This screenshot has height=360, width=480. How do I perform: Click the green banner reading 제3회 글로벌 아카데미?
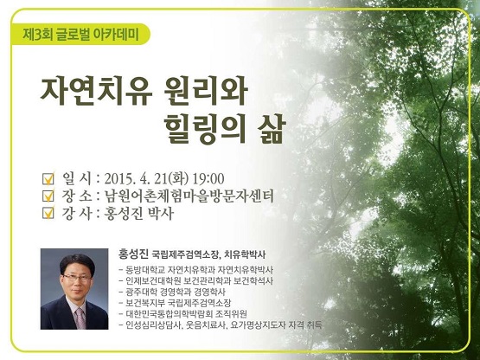pyautogui.click(x=80, y=34)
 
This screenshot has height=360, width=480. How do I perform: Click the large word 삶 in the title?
pyautogui.click(x=272, y=130)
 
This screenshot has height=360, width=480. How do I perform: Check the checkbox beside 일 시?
pyautogui.click(x=48, y=178)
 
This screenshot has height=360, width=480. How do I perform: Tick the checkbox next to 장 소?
pyautogui.click(x=48, y=196)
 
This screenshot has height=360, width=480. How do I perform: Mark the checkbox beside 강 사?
pyautogui.click(x=48, y=213)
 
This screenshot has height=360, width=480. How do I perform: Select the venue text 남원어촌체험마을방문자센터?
pyautogui.click(x=189, y=196)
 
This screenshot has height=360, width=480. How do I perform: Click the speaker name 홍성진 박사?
pyautogui.click(x=139, y=213)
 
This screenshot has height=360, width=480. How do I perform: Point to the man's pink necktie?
pyautogui.click(x=80, y=318)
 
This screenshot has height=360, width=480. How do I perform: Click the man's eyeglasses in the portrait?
pyautogui.click(x=77, y=279)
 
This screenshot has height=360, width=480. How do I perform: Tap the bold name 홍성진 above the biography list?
pyautogui.click(x=133, y=254)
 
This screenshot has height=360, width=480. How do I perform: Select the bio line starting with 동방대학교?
pyautogui.click(x=197, y=270)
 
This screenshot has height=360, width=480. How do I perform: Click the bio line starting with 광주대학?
pyautogui.click(x=173, y=292)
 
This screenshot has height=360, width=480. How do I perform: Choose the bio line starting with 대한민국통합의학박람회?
pyautogui.click(x=183, y=314)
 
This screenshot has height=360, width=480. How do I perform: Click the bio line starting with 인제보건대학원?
pyautogui.click(x=197, y=281)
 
